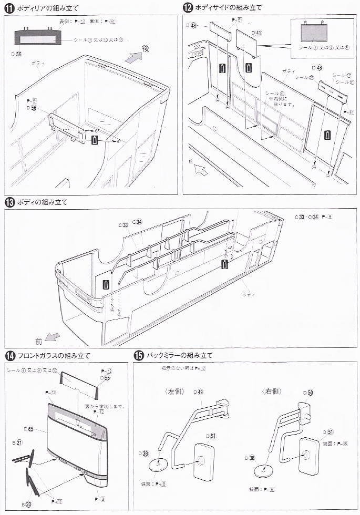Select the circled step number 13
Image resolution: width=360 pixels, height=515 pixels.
coord(9,202)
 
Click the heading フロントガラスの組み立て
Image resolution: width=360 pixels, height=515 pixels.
coord(48,356)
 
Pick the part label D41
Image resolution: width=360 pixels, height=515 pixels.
coord(256,33)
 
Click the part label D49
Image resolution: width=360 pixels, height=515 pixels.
coord(198,392)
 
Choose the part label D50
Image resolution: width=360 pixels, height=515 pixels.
coord(307,392)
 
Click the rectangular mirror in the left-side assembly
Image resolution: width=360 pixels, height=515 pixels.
coord(202,461)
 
